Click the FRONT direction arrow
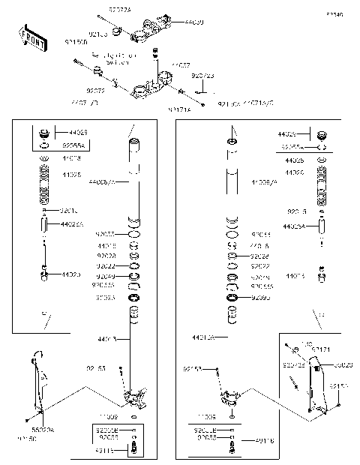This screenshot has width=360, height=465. pyautogui.click(x=31, y=36)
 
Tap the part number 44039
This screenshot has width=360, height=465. pyautogui.click(x=193, y=22)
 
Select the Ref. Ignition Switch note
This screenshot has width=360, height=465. pyautogui.click(x=114, y=58)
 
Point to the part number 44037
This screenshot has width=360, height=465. pyautogui.click(x=181, y=66)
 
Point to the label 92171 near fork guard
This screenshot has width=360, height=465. pyautogui.click(x=320, y=349)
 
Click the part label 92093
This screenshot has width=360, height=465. pyautogui.click(x=259, y=298)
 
